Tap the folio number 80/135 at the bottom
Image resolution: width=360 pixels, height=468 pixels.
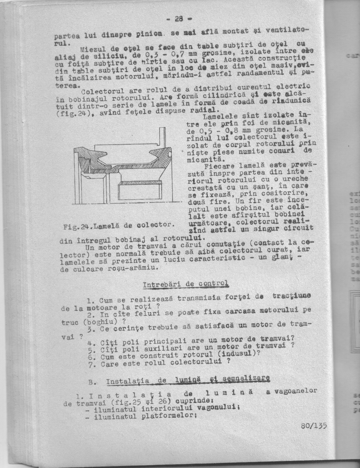[x=314, y=426]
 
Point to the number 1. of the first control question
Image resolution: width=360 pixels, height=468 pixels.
[x=90, y=300]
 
